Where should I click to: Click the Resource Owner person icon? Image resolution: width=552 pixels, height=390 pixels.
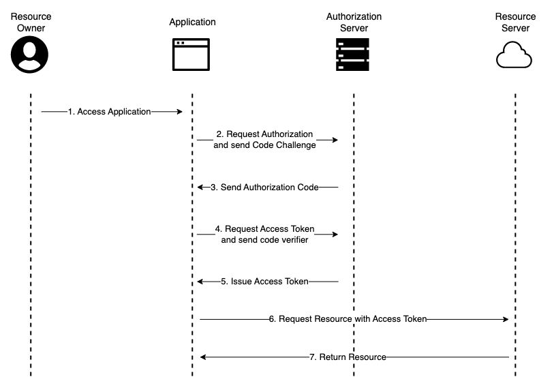pos(30,55)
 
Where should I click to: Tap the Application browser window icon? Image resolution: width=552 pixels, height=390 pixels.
pos(191,55)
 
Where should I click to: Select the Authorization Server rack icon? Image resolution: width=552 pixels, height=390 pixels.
pos(353,55)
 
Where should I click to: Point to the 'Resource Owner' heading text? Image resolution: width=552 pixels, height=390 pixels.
pos(31,22)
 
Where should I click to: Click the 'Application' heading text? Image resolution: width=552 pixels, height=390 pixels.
pos(192,22)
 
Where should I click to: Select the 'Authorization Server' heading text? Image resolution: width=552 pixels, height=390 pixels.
pos(354,22)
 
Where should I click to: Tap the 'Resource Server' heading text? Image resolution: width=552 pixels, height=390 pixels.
pos(515,22)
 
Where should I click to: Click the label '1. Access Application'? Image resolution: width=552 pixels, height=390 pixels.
pos(109,112)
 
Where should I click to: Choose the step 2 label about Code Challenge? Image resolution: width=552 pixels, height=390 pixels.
pos(264,140)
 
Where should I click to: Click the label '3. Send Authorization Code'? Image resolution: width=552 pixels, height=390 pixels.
pos(264,187)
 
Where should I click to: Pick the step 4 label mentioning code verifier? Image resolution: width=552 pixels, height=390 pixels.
pos(264,235)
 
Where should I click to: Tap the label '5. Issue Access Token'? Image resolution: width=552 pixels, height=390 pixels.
pos(264,281)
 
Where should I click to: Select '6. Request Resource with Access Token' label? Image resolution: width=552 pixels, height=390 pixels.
pos(348,318)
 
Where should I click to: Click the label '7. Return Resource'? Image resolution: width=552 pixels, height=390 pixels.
pos(348,357)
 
